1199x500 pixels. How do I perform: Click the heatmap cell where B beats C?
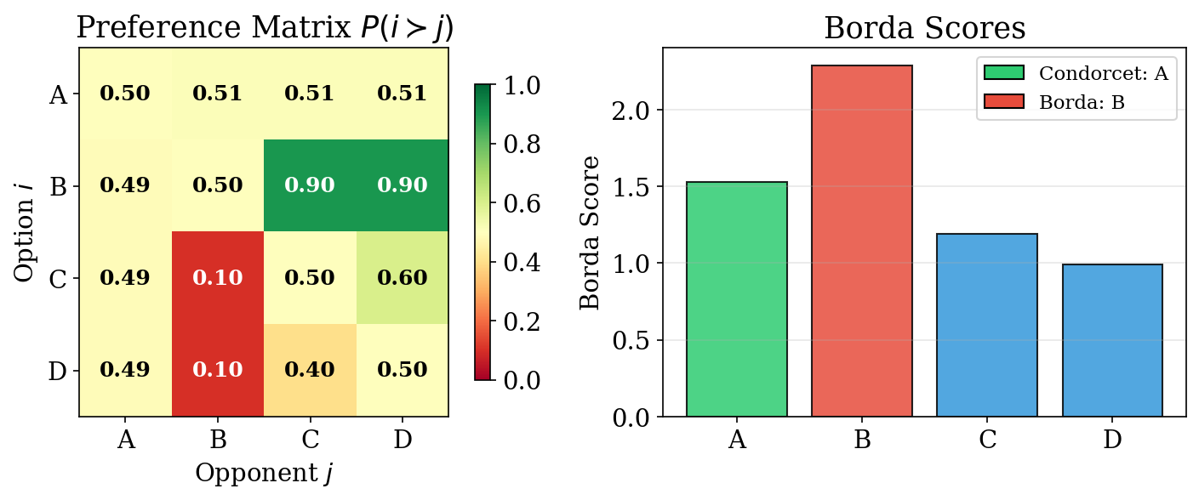310,185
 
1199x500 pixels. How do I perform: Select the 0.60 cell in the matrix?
403,278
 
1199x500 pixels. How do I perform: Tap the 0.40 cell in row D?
310,370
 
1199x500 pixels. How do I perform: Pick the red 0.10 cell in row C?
218,278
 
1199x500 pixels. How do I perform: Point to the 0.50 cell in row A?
125,94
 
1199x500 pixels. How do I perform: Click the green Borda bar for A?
737,299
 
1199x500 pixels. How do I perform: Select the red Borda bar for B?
862,241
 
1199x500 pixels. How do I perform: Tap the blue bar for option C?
987,325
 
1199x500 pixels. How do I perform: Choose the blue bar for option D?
1111,340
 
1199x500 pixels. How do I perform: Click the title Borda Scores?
925,28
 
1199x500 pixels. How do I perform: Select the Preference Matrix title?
265,28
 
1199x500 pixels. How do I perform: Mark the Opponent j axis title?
264,473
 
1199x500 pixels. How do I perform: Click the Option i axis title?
26,232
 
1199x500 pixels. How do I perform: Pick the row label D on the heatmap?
58,371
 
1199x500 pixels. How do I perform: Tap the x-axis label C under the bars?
987,440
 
